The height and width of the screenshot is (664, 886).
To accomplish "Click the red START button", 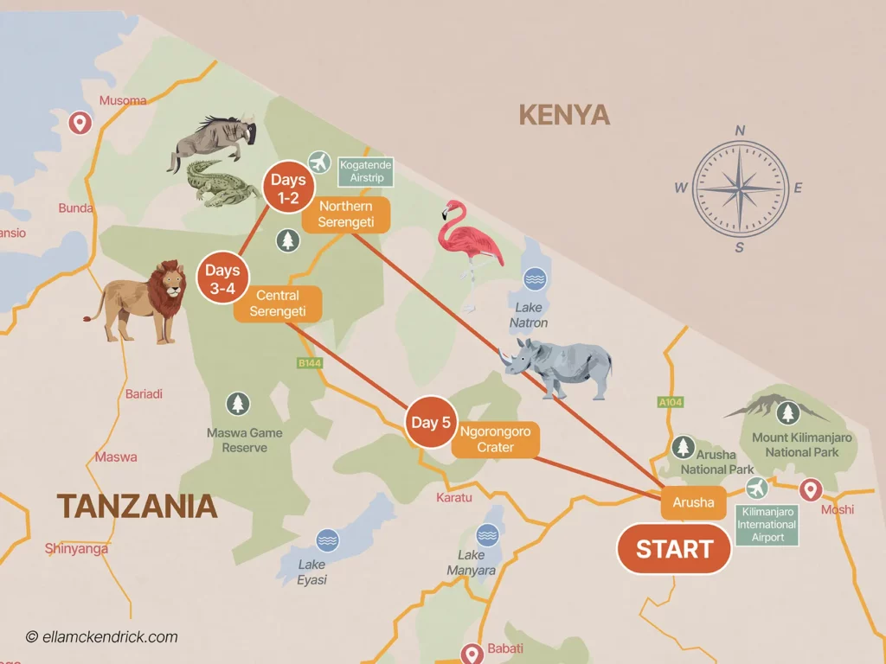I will [x=674, y=549].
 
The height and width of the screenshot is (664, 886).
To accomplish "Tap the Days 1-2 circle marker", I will [x=288, y=188].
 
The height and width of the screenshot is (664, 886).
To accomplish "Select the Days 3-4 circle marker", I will [x=222, y=278].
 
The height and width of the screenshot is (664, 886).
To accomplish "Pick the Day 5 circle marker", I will [x=431, y=423].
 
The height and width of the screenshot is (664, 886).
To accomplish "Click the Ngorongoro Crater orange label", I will [x=495, y=439].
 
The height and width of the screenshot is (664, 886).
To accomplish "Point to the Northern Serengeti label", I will [x=345, y=214].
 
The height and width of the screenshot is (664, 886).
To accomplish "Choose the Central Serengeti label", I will [x=278, y=303].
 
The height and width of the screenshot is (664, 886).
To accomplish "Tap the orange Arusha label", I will [x=693, y=502].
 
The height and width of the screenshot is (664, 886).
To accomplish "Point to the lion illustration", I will [x=145, y=299].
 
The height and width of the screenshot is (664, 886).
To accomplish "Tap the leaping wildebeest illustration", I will [x=213, y=138].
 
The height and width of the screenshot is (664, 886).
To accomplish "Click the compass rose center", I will [x=740, y=188].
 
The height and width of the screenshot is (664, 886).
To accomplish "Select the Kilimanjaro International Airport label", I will [x=767, y=525].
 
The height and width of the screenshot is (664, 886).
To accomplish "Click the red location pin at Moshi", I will [x=810, y=490].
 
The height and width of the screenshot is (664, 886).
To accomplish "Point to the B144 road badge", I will [x=310, y=363].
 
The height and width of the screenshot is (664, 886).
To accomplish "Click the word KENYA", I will [x=563, y=115].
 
